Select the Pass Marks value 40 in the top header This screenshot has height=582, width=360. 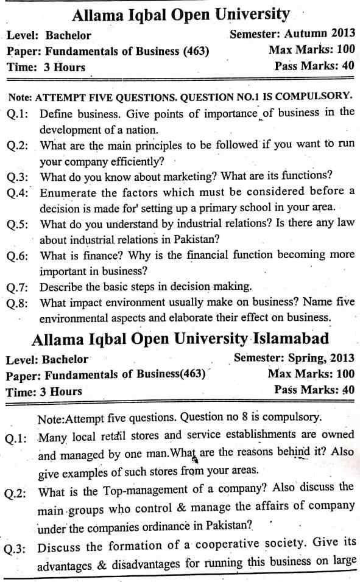tap(348, 66)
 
